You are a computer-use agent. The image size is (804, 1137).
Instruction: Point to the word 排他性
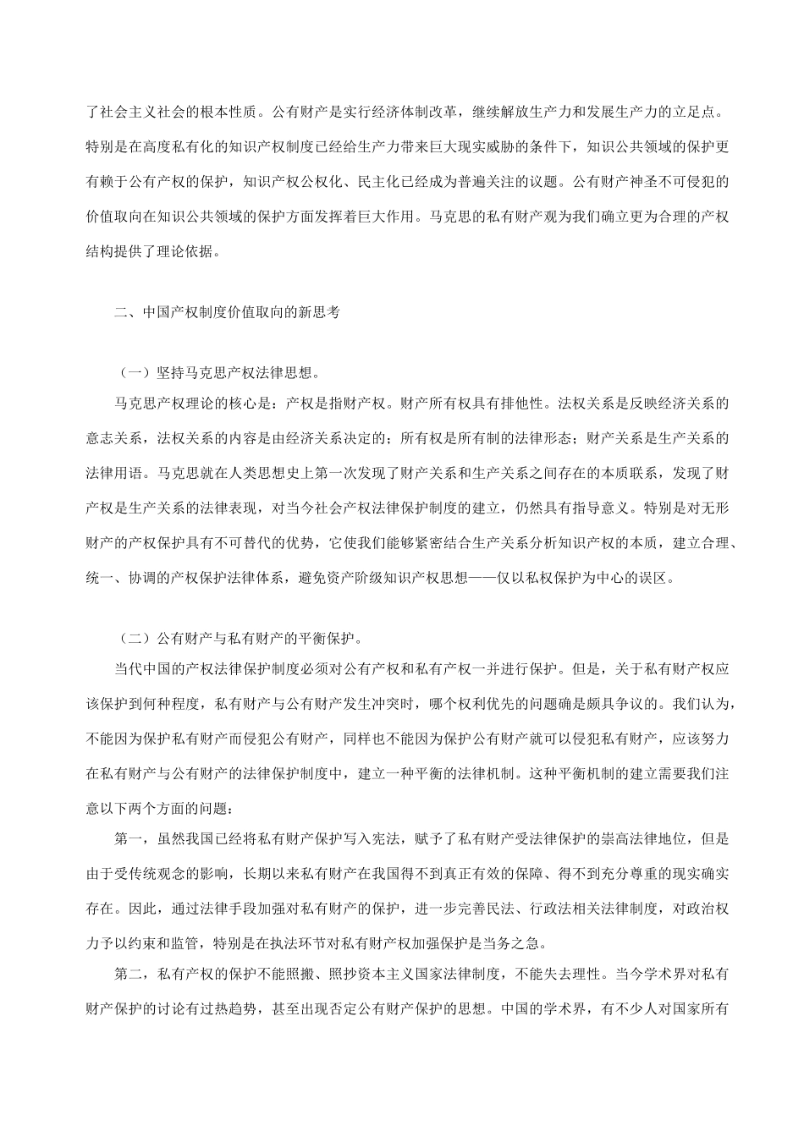pos(528,404)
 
